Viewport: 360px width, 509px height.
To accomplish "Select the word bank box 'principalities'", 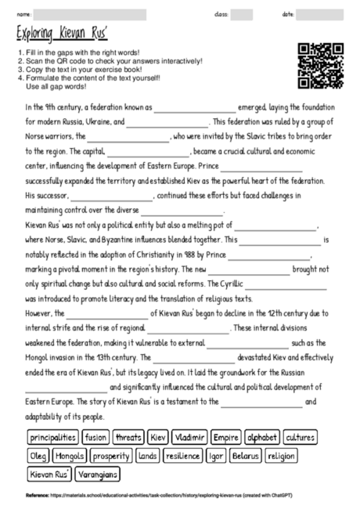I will pos(53,437).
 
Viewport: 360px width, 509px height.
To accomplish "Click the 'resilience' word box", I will pos(183,456).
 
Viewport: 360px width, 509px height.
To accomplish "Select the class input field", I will pos(242,14).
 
